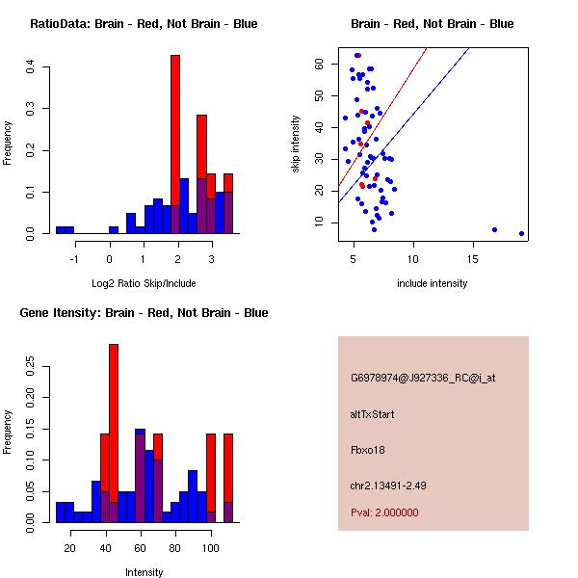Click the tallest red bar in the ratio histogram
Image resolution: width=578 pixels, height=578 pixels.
tap(175, 144)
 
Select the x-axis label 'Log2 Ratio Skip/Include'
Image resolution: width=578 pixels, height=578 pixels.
tap(144, 284)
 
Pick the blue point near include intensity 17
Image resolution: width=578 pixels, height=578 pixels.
tap(494, 229)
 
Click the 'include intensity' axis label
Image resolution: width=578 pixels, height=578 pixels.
tap(432, 284)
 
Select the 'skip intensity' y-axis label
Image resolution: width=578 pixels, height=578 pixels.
tap(297, 144)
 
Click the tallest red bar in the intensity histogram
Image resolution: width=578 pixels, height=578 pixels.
tap(114, 433)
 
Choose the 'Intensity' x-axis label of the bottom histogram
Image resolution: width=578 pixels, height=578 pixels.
tap(144, 572)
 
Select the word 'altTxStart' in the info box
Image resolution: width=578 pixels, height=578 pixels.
tap(373, 414)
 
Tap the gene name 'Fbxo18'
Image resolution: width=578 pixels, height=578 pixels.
tap(367, 449)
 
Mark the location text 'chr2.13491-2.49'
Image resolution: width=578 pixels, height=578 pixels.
tap(388, 484)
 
